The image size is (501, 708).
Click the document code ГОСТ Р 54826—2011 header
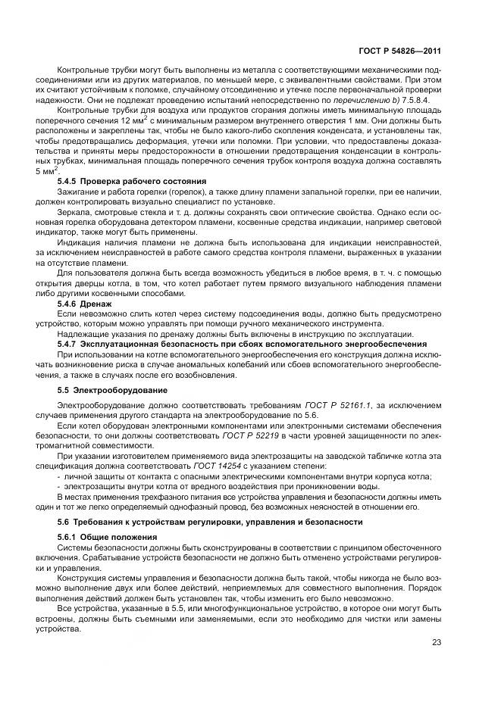pos(399,51)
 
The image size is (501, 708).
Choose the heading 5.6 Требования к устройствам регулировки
pos(203,522)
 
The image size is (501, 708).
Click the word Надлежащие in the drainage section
pos(83,334)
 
